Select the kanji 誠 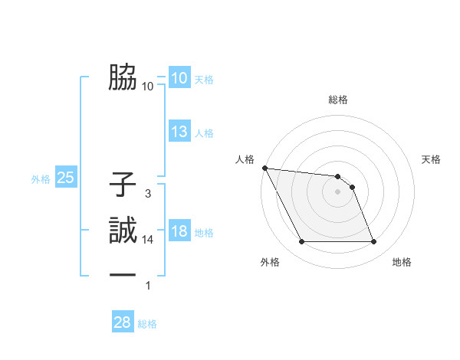(123, 230)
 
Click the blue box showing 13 (179, 132)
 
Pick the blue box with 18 (179, 231)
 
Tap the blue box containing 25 (65, 178)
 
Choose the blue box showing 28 (123, 322)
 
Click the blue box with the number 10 (179, 77)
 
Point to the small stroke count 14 (148, 240)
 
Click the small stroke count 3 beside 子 (147, 194)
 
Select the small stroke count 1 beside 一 (147, 286)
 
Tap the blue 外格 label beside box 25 (41, 179)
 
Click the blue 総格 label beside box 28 (147, 324)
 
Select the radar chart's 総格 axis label (338, 100)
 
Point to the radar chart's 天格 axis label (431, 159)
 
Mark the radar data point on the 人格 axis (264, 168)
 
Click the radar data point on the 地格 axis (373, 242)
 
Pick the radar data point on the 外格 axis (301, 242)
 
